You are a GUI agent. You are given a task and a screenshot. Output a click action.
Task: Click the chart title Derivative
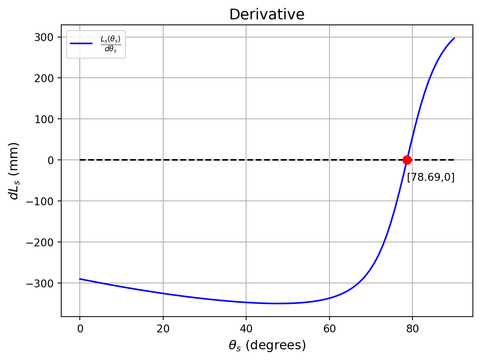point(267,15)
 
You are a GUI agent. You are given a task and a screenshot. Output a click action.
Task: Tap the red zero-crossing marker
point(407,160)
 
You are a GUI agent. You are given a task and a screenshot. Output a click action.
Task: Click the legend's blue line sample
point(81,43)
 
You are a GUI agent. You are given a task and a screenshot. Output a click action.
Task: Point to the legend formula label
point(110,44)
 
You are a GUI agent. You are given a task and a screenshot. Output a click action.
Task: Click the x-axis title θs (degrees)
point(267,345)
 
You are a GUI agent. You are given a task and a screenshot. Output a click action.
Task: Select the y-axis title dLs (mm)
point(14,171)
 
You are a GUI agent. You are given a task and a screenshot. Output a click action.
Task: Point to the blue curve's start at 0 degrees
point(80,279)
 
